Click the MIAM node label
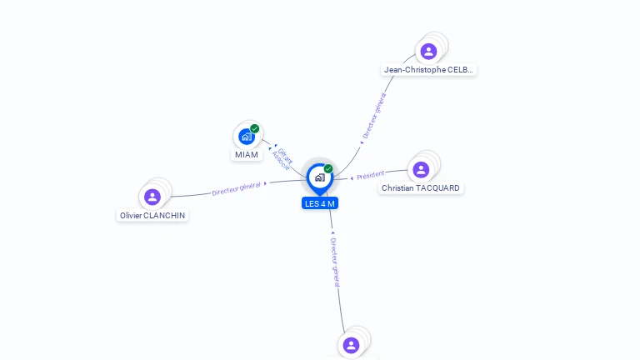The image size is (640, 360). [247, 155]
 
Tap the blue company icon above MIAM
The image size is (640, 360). [246, 137]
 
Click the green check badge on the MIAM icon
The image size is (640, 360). [254, 128]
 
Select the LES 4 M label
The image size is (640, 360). [320, 203]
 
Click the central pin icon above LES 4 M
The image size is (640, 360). [319, 177]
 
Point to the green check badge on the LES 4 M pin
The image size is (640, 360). [328, 168]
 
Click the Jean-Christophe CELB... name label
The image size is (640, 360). [429, 70]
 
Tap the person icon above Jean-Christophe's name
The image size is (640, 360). [428, 52]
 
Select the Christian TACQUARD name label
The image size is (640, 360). [421, 188]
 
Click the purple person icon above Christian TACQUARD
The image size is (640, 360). [421, 170]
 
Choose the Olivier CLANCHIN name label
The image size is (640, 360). [152, 215]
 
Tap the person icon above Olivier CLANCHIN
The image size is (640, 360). [152, 197]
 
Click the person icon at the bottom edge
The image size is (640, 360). [351, 345]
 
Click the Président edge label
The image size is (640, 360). [370, 175]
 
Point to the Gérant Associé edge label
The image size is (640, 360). [283, 157]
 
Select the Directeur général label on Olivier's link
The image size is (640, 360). [236, 188]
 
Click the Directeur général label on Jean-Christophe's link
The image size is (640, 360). [374, 117]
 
